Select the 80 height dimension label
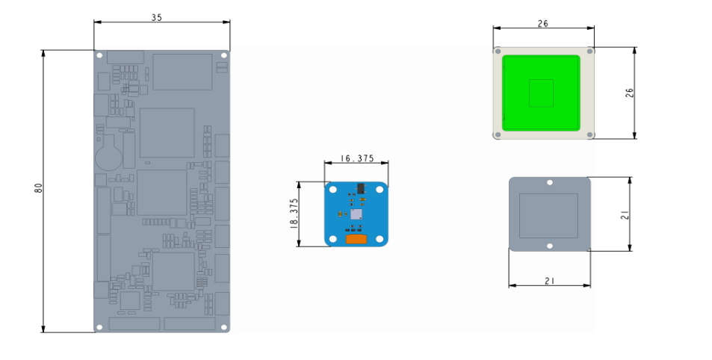(38, 188)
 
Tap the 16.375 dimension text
(356, 158)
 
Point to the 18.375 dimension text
(294, 213)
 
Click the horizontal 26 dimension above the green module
(543, 23)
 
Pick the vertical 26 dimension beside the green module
(629, 93)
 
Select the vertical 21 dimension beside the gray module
(625, 214)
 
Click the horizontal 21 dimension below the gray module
(549, 281)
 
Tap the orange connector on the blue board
(356, 239)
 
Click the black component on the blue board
(360, 188)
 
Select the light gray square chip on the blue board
(356, 214)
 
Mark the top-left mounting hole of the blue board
(331, 187)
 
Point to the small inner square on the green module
(541, 93)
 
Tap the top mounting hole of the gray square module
(549, 182)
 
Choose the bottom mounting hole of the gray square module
(549, 246)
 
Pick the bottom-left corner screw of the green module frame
(497, 135)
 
